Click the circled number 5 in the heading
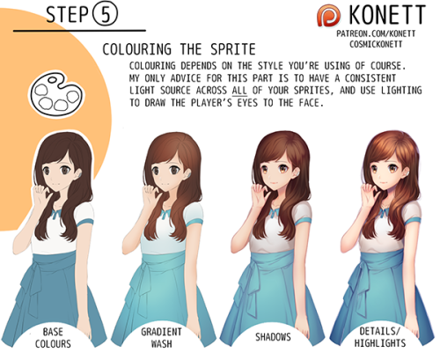[106, 14]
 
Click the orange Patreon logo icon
[329, 16]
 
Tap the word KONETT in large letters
[387, 15]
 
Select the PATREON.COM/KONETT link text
[376, 33]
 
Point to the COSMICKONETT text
[376, 44]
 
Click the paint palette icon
[56, 94]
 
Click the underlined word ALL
[239, 91]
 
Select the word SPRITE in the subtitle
[233, 49]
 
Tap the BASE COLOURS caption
[53, 338]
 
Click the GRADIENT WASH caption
[161, 338]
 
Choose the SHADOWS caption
[273, 337]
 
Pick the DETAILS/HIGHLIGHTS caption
[380, 337]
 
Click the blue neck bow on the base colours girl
[56, 214]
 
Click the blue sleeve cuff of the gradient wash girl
[194, 224]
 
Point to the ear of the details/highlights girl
[407, 173]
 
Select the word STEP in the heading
[68, 15]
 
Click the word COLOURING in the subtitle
[137, 49]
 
